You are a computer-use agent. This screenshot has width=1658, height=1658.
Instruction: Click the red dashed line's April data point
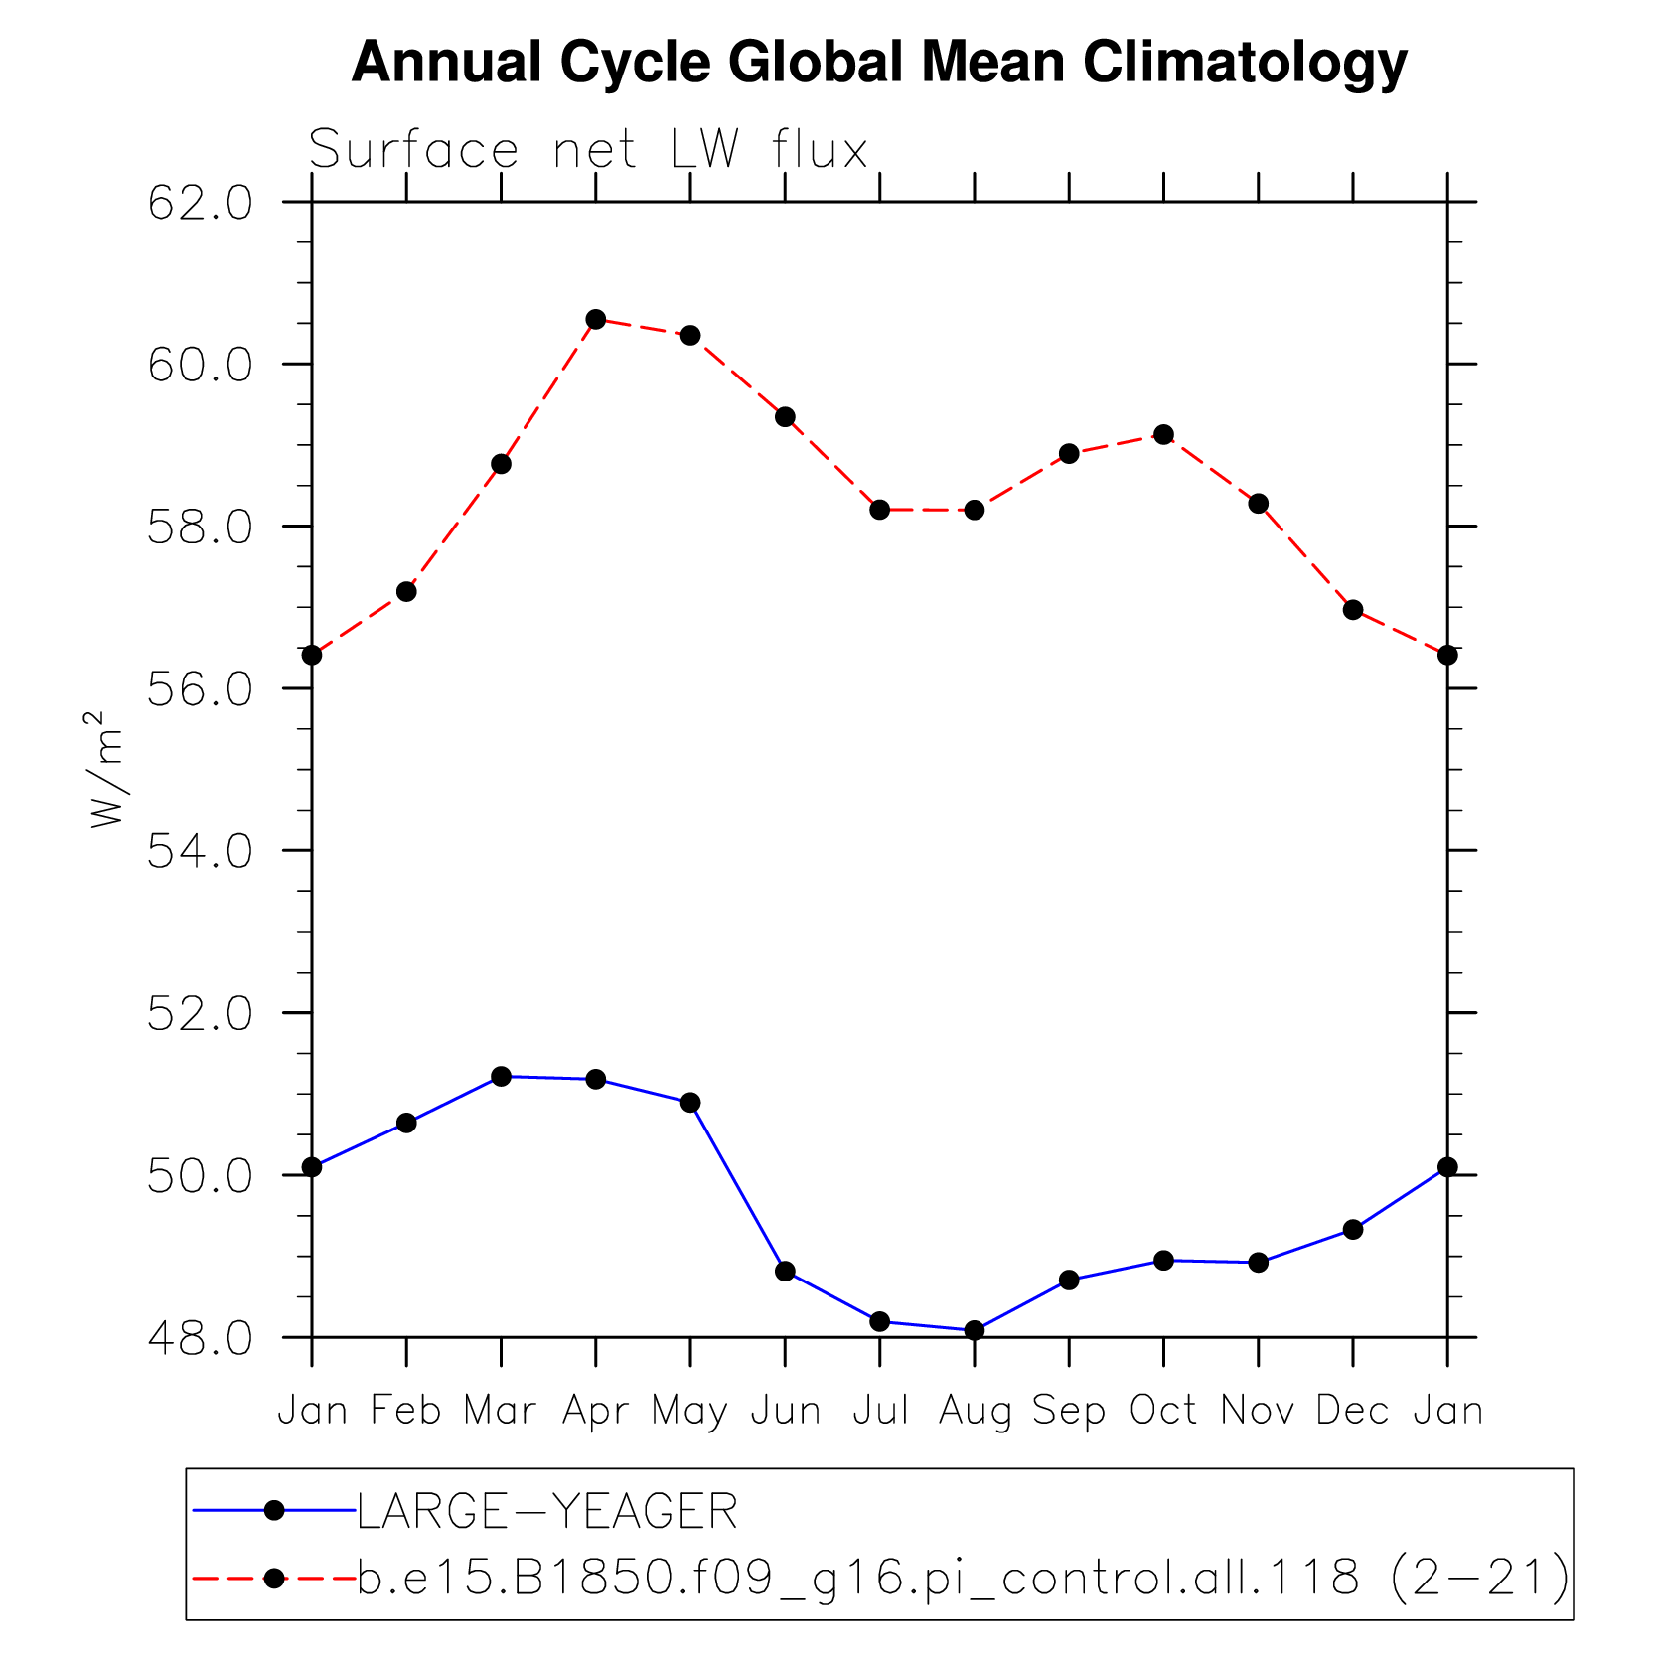tap(596, 319)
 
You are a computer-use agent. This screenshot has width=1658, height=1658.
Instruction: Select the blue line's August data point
tap(975, 1330)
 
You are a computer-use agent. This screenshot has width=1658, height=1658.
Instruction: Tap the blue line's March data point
tap(501, 1077)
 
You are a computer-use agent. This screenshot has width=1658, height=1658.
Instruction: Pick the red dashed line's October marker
tap(1164, 434)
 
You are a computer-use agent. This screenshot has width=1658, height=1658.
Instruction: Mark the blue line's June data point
tap(786, 1271)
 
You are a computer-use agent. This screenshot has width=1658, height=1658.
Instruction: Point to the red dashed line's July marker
tap(880, 510)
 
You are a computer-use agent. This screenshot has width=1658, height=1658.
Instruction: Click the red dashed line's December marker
tap(1353, 610)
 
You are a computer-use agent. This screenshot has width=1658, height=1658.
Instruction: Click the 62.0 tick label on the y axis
tap(201, 204)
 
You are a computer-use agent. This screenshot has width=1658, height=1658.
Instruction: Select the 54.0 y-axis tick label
tap(201, 852)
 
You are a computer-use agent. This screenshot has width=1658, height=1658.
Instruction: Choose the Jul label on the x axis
tap(880, 1411)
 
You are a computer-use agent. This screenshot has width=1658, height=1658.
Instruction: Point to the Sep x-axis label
tap(1069, 1411)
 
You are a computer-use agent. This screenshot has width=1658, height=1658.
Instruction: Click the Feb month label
tap(406, 1411)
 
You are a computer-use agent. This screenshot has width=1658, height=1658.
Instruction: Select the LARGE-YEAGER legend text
tap(547, 1512)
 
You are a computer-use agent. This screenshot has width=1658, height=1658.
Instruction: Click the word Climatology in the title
tap(1245, 63)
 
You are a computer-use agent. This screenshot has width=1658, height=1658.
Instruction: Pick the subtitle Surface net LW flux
tap(589, 150)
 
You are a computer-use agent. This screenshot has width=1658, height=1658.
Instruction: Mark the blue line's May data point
tap(690, 1103)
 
